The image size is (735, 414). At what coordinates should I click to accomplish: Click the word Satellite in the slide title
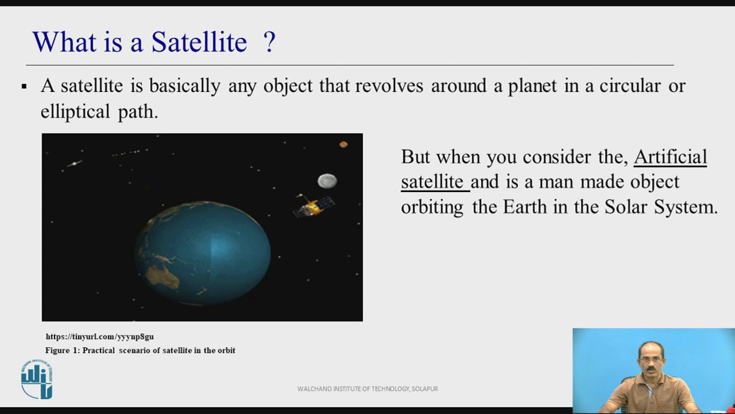pyautogui.click(x=199, y=43)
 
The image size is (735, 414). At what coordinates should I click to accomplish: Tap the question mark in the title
pyautogui.click(x=269, y=43)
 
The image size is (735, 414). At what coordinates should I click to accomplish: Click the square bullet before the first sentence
pyautogui.click(x=24, y=87)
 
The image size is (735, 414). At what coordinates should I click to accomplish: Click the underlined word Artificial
pyautogui.click(x=670, y=157)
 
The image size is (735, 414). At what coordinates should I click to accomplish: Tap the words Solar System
pyautogui.click(x=660, y=207)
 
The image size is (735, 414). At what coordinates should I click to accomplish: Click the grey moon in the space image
pyautogui.click(x=327, y=181)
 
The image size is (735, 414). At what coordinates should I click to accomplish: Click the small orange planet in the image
pyautogui.click(x=343, y=144)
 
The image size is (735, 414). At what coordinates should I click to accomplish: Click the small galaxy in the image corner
pyautogui.click(x=74, y=164)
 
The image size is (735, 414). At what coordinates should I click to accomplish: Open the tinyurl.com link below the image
pyautogui.click(x=99, y=337)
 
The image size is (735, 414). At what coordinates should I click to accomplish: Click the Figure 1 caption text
pyautogui.click(x=140, y=350)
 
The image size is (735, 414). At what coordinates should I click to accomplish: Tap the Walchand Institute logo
pyautogui.click(x=37, y=379)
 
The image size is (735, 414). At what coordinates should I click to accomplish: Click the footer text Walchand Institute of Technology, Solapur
pyautogui.click(x=367, y=389)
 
